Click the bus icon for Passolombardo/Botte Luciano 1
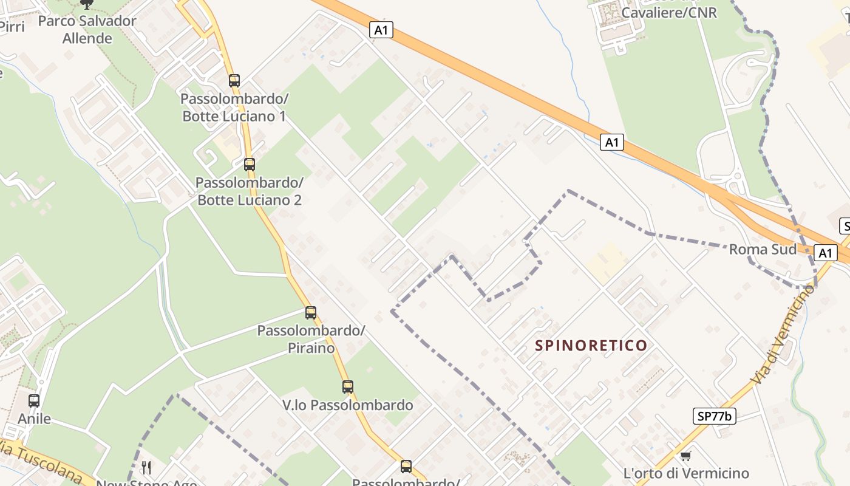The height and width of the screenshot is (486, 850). coord(234,80)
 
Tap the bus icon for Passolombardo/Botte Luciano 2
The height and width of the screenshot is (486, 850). coord(249,164)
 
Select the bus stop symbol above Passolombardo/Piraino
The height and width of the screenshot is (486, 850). coord(311,313)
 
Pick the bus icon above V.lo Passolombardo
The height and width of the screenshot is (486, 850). coord(347,387)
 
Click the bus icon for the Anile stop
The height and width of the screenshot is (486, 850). coord(34,401)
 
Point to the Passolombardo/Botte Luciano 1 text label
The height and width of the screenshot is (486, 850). coord(234,108)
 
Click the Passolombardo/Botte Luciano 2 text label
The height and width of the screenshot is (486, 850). coord(249,191)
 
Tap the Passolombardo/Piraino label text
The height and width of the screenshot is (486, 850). coord(311,340)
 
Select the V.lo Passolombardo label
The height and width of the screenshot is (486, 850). coord(347,405)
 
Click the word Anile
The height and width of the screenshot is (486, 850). coord(34,419)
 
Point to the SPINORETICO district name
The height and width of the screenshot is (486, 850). coord(591,346)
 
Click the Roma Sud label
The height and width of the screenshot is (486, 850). coord(763,249)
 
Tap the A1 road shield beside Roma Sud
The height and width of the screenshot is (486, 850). coord(825,253)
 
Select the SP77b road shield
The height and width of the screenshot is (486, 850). coord(714,416)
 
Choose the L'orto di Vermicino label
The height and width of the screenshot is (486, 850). coord(686,473)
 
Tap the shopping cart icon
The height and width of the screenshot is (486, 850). coord(686,456)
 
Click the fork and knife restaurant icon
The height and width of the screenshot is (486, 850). coord(146,467)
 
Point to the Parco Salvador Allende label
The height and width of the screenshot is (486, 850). coord(87,30)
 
